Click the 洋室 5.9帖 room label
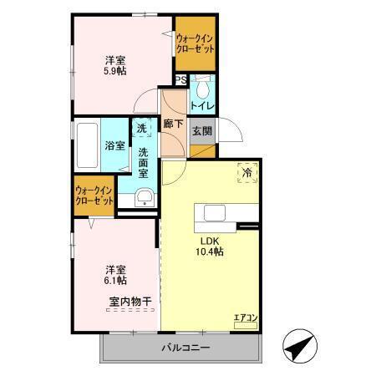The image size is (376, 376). tap(115, 66)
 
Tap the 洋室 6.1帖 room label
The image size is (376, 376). tap(115, 276)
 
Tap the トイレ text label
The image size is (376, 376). tap(202, 106)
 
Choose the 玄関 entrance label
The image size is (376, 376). tap(201, 131)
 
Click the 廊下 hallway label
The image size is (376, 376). tap(174, 124)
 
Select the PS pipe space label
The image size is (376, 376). tap(180, 80)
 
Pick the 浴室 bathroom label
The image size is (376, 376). tap(115, 145)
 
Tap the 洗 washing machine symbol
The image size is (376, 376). tap(142, 129)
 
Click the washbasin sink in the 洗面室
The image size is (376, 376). tap(145, 197)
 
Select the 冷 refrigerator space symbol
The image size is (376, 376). tap(247, 172)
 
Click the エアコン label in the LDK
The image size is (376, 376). tap(245, 318)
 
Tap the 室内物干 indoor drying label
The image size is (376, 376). tap(130, 301)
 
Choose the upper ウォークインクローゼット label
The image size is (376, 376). tap(195, 43)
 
